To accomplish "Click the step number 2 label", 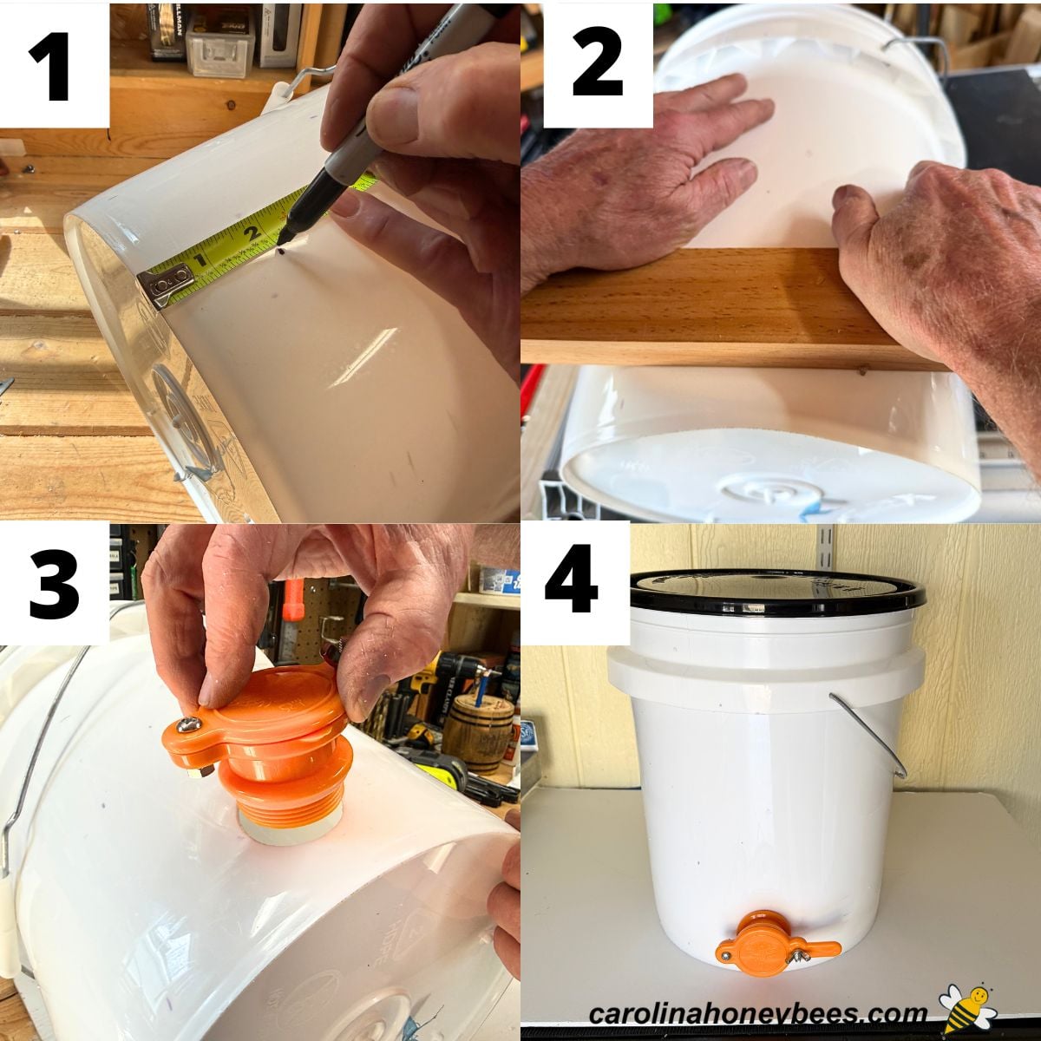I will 597,62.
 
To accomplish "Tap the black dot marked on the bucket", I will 281,252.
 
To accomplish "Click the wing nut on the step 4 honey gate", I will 802,955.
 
